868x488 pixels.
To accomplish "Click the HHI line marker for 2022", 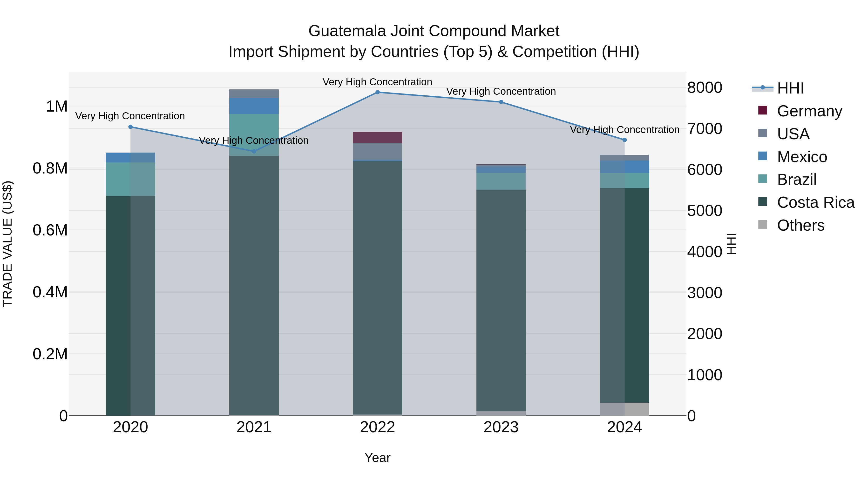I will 377,92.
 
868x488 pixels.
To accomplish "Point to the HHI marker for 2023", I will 501,102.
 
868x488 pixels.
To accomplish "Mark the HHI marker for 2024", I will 624,140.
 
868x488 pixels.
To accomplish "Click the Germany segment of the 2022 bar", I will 377,137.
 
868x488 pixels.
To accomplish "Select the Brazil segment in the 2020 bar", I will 130,179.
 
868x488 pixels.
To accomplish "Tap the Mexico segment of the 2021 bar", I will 254,106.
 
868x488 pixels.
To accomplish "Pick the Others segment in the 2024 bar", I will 624,409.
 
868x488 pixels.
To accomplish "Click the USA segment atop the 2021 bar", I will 254,94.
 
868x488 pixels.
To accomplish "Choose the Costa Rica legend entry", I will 815,202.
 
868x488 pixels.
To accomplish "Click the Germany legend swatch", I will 763,110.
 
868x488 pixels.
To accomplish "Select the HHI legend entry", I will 790,88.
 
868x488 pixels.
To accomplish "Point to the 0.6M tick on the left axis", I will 50,230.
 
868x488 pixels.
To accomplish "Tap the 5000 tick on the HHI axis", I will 705,211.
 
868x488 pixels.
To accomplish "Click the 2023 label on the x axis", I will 501,427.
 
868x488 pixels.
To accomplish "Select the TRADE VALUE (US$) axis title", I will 7,244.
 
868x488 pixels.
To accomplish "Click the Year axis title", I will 377,458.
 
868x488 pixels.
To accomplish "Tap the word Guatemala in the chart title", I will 347,31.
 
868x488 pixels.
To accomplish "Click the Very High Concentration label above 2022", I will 377,82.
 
